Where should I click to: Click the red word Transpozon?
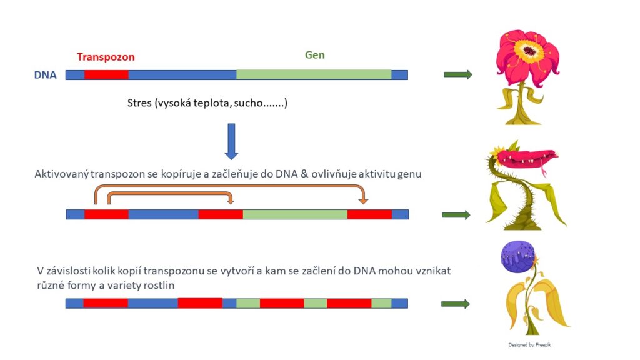(x=106, y=57)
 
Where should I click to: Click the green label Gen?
(x=315, y=55)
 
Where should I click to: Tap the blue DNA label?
(x=45, y=75)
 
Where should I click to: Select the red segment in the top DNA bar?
(x=106, y=75)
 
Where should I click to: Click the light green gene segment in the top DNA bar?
(x=314, y=75)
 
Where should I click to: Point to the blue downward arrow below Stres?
(x=231, y=141)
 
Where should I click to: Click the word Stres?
(x=139, y=103)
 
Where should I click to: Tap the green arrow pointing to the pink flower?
(x=458, y=74)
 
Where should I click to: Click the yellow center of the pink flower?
(x=529, y=51)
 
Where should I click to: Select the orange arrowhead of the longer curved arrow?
(x=363, y=201)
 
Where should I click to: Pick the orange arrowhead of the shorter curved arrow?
(x=231, y=201)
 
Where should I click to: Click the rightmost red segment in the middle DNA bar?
(x=370, y=214)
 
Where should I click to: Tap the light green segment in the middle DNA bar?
(x=295, y=214)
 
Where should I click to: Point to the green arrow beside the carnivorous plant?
(x=456, y=215)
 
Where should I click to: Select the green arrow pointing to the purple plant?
(x=456, y=304)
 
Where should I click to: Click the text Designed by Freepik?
(x=529, y=345)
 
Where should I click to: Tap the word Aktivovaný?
(x=61, y=174)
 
